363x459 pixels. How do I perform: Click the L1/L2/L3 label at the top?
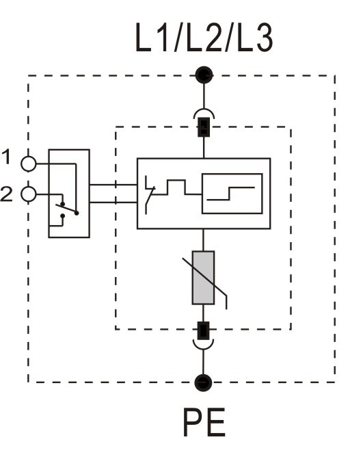204,38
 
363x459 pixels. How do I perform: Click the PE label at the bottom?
204,423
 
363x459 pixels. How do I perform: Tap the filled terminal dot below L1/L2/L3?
204,75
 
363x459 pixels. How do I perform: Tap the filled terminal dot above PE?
203,382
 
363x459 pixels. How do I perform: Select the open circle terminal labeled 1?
29,163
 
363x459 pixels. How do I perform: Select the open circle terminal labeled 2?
29,194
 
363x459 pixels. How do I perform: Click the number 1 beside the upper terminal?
6,157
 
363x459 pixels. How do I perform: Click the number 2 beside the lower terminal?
6,194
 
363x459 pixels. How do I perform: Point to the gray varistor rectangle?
203,278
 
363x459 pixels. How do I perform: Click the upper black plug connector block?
204,127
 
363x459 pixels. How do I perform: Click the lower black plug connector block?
203,330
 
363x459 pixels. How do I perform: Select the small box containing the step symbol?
232,194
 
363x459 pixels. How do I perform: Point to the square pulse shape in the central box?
176,187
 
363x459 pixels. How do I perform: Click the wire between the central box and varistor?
203,239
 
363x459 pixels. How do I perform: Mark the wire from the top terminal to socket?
204,96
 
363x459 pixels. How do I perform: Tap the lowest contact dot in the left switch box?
62,216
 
